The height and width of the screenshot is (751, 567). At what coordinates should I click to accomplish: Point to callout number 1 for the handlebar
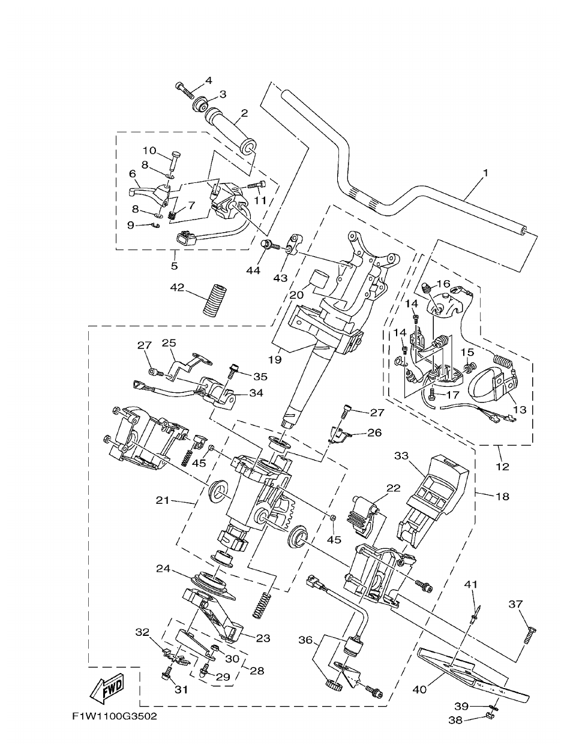[x=485, y=173]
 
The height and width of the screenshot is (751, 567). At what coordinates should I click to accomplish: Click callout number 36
[x=305, y=641]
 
